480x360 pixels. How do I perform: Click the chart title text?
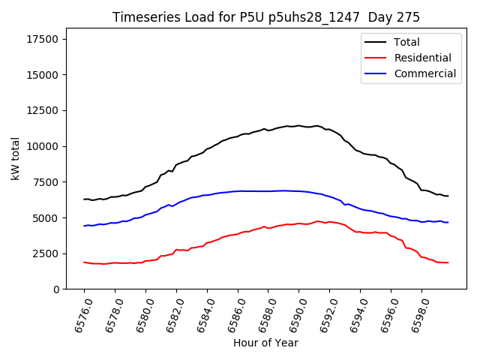pos(265,17)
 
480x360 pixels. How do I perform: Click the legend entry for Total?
pos(406,42)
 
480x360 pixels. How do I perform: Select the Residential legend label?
pos(422,58)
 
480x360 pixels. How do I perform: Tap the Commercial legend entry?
pos(424,73)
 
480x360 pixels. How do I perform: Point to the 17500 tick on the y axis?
pos(42,39)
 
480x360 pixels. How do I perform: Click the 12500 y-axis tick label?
pos(42,110)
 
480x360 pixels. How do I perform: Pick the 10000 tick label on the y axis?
pos(42,146)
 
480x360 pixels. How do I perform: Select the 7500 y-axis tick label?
pos(45,182)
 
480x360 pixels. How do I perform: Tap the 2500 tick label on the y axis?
pos(45,253)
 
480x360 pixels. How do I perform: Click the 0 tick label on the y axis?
pos(57,289)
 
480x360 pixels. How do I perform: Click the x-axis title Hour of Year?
pos(265,343)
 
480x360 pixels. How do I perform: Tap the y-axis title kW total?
pos(15,159)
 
